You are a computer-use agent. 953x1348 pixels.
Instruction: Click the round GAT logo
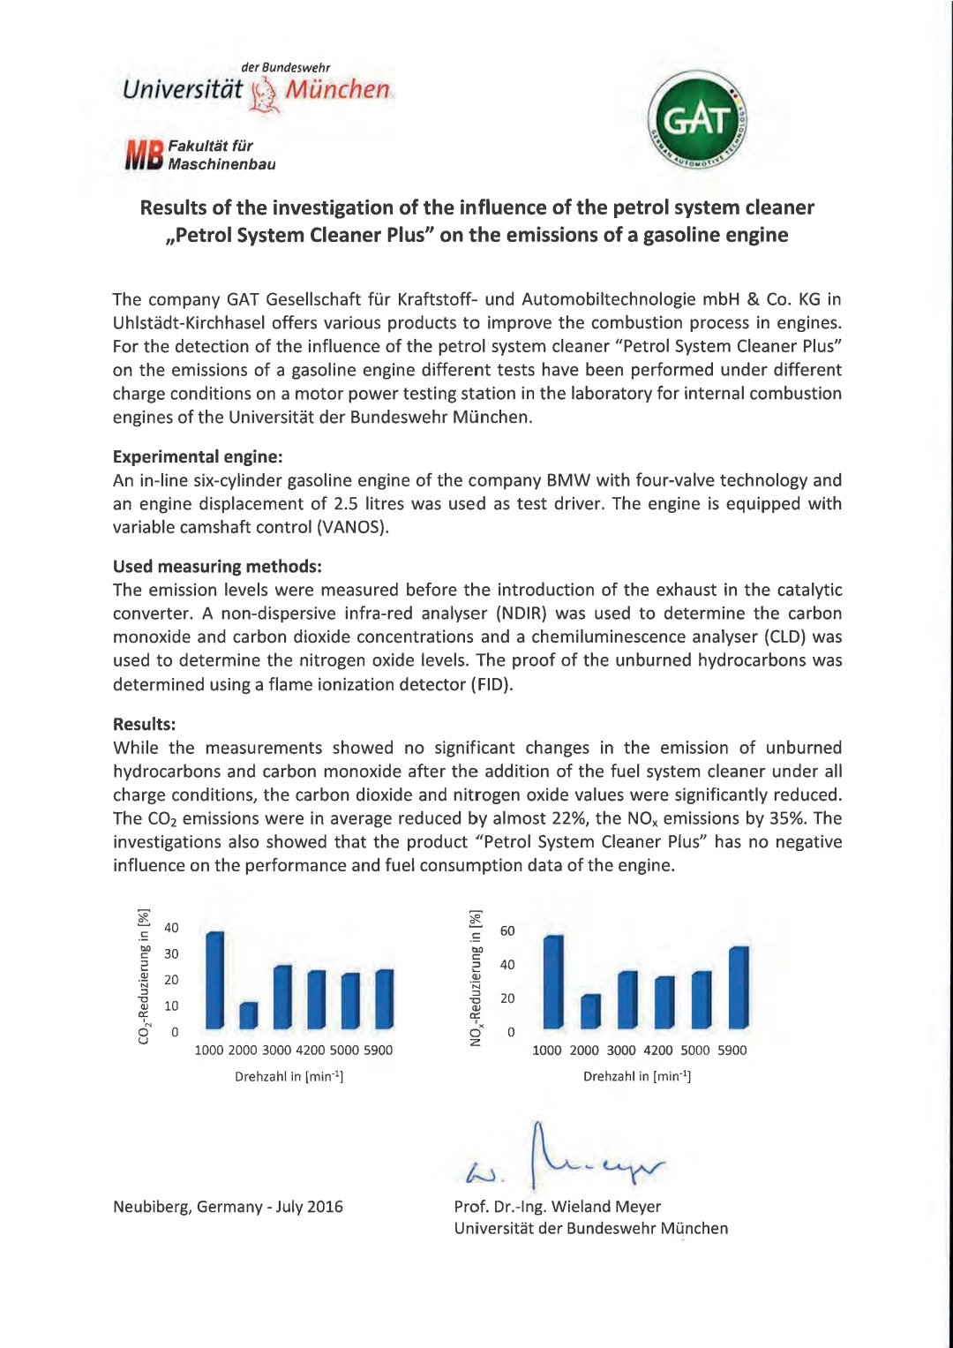tap(698, 121)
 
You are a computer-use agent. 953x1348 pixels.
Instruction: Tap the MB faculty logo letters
tap(144, 154)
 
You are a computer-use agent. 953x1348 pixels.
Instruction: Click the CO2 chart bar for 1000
tap(214, 980)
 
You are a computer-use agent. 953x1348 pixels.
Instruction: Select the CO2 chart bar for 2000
tap(249, 1015)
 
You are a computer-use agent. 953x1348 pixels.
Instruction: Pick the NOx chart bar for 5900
tap(739, 987)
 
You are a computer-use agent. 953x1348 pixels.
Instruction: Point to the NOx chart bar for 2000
tap(590, 1011)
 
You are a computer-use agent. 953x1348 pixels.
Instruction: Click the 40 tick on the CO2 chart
tap(171, 928)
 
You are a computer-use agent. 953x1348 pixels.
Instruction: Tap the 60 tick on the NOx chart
tap(507, 930)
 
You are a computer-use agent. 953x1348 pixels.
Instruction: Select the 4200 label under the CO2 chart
tap(311, 1051)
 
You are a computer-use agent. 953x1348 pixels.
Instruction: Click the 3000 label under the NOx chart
tap(621, 1051)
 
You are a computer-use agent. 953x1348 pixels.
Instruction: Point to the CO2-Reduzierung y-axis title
tap(144, 976)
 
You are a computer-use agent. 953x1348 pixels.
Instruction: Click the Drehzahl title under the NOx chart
tap(636, 1076)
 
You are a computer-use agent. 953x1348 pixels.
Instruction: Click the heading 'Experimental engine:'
tap(198, 456)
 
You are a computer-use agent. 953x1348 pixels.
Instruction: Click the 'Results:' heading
tap(144, 724)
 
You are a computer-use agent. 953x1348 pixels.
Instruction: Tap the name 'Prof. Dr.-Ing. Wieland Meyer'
tap(557, 1206)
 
